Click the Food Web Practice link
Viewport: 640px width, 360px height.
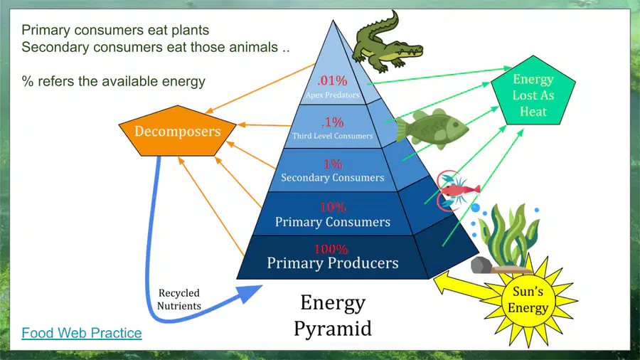tap(82, 333)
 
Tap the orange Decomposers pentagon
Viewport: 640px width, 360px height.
tap(178, 132)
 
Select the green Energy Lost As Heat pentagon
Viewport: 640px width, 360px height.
tap(533, 92)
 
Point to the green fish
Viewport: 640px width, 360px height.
tap(432, 128)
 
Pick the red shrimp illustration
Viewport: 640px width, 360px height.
tap(457, 190)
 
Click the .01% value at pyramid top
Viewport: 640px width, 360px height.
tap(332, 80)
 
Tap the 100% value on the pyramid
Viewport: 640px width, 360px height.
tap(331, 249)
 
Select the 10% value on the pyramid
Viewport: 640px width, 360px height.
tap(333, 207)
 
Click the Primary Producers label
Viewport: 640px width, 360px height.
tap(333, 263)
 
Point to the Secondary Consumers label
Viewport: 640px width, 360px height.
tap(333, 178)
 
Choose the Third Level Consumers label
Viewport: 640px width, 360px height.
tap(332, 136)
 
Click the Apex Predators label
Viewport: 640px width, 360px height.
tap(333, 95)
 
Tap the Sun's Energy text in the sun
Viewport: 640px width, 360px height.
tap(528, 300)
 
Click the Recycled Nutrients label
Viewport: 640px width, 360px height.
tap(179, 300)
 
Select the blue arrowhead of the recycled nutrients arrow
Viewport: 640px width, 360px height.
tap(248, 293)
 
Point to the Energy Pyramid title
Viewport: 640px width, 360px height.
tap(333, 315)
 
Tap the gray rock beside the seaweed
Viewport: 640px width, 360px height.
tap(481, 265)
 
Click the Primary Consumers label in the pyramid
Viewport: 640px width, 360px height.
tap(333, 222)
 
